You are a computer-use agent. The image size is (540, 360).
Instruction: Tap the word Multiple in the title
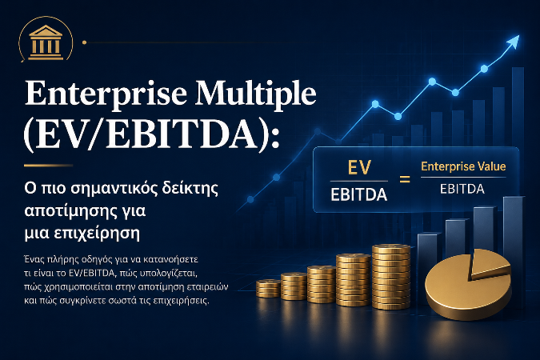click(x=255, y=93)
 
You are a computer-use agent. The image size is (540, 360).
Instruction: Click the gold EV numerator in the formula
click(x=359, y=168)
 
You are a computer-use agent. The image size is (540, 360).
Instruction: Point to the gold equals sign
click(x=405, y=179)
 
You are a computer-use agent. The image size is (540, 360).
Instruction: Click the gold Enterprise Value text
click(x=463, y=166)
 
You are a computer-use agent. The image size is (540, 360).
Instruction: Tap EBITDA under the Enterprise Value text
click(x=462, y=189)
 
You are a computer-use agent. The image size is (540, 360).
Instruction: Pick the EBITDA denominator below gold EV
click(x=359, y=195)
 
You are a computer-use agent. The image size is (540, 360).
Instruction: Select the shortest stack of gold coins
click(x=268, y=288)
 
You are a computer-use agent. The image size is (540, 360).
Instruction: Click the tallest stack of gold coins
click(x=391, y=277)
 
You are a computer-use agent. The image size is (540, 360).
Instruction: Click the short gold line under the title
click(x=48, y=166)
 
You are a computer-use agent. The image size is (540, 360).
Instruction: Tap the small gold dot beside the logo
click(x=84, y=42)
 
